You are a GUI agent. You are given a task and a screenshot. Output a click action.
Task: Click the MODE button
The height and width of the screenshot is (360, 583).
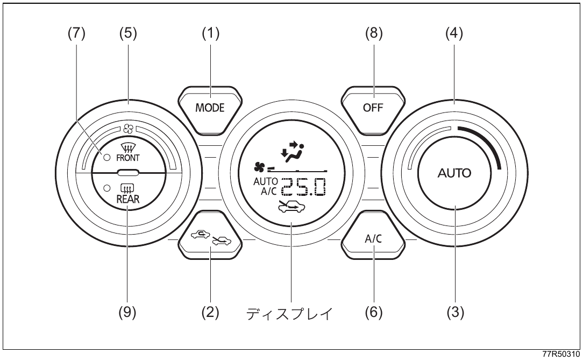pyautogui.click(x=210, y=110)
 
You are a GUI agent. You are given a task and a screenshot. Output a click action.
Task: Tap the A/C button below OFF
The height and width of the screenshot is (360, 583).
pyautogui.click(x=373, y=235)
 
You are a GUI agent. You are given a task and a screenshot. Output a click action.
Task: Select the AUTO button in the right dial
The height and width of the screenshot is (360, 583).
pyautogui.click(x=454, y=173)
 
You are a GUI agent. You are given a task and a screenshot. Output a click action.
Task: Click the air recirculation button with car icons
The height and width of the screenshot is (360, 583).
pyautogui.click(x=210, y=235)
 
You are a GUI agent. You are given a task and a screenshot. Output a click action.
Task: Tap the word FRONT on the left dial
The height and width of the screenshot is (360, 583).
pyautogui.click(x=128, y=158)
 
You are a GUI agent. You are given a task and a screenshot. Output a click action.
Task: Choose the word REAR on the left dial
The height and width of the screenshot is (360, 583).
pyautogui.click(x=128, y=199)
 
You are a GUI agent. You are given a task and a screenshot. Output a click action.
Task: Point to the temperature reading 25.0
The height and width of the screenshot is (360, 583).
pyautogui.click(x=303, y=187)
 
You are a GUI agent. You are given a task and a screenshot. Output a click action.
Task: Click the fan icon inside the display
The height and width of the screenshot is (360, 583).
pyautogui.click(x=259, y=168)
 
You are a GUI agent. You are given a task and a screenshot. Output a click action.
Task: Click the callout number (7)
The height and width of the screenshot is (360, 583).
pyautogui.click(x=76, y=33)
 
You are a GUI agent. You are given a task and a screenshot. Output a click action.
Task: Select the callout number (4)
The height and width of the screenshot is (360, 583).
pyautogui.click(x=454, y=33)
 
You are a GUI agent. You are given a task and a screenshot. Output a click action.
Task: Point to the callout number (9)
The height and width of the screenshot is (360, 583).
pyautogui.click(x=127, y=313)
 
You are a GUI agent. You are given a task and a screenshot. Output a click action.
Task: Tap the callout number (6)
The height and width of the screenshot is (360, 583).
pyautogui.click(x=373, y=313)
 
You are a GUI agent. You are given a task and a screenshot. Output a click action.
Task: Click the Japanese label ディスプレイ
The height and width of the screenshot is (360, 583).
pyautogui.click(x=290, y=314)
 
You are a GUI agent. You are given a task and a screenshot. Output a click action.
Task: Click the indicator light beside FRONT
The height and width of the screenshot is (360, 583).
pyautogui.click(x=107, y=158)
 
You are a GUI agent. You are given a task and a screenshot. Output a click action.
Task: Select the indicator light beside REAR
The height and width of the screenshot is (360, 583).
pyautogui.click(x=107, y=188)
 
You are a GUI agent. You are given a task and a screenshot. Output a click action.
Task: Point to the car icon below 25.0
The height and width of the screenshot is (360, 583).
pyautogui.click(x=291, y=207)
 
